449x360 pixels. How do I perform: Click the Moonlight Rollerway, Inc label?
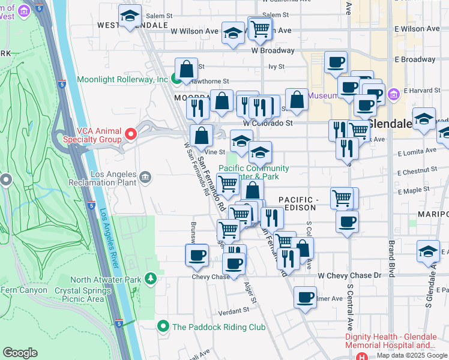click(x=122, y=79)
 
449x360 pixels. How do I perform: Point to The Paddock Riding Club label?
click(x=218, y=327)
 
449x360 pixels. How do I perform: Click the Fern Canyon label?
click(x=24, y=290)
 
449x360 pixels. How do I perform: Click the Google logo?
click(x=20, y=353)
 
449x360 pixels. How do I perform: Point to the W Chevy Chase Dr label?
click(x=349, y=275)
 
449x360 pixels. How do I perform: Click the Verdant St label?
click(x=234, y=311)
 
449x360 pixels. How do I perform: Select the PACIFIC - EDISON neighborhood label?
click(x=297, y=203)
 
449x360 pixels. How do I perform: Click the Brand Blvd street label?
click(x=391, y=258)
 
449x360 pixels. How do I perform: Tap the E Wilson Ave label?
click(x=414, y=28)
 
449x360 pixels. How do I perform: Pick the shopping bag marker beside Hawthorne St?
click(x=186, y=69)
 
